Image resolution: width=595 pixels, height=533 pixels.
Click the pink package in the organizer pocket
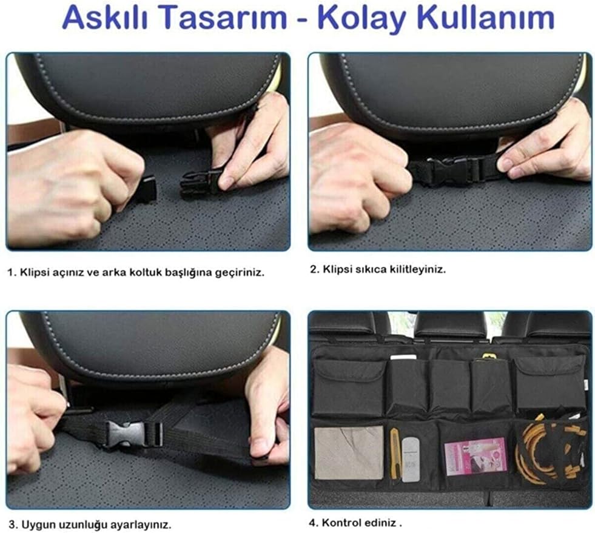476,457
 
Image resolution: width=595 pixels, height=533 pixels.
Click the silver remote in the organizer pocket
410,458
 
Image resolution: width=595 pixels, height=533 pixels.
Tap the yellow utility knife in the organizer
395,454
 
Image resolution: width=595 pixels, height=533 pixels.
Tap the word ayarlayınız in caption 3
141,525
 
